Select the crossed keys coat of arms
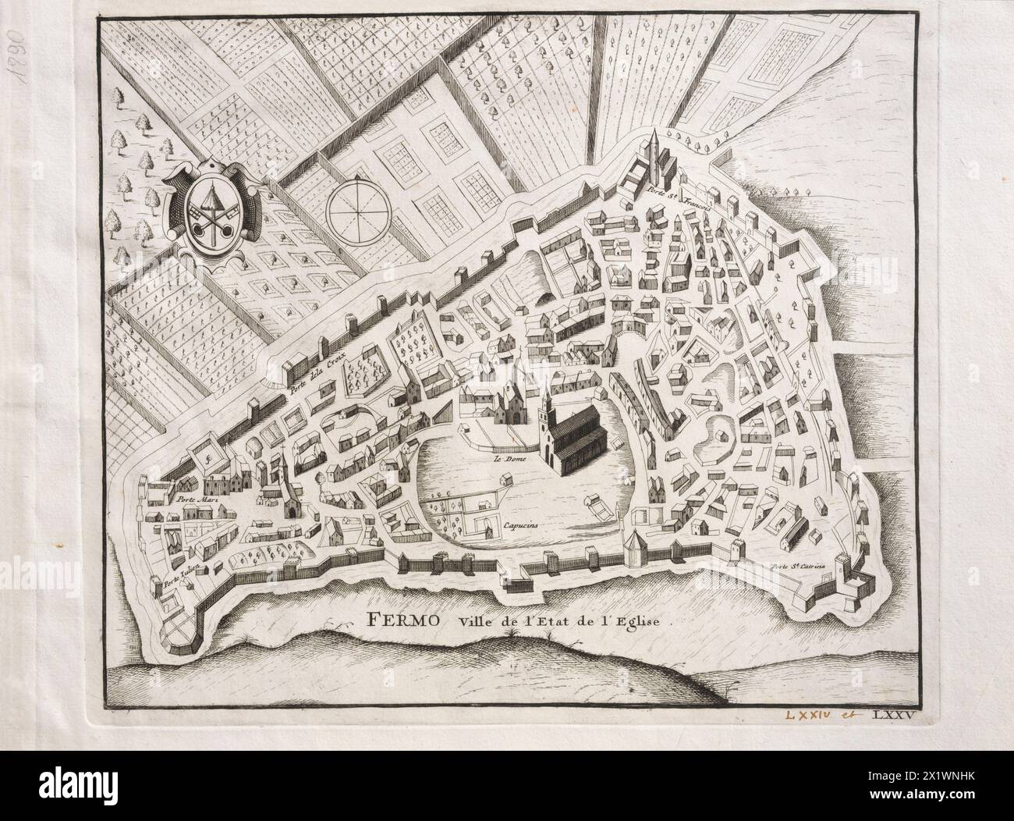[211, 211]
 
